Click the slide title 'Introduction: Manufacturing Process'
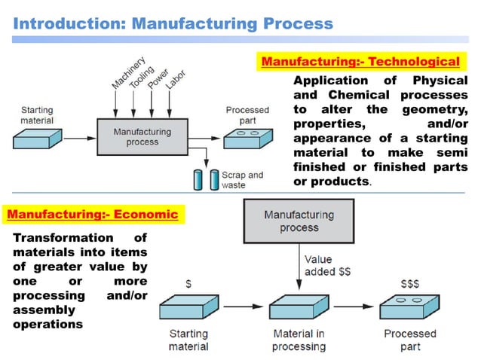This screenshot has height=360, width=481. [173, 23]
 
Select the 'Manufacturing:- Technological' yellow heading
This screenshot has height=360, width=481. [360, 61]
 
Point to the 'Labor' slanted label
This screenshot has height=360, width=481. [175, 81]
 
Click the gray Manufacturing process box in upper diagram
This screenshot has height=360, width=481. [142, 136]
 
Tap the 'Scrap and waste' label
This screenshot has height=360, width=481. [242, 180]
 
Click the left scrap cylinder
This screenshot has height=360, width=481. [198, 180]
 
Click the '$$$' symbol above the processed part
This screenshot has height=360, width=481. [411, 284]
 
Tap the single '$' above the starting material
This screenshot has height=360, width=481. [188, 284]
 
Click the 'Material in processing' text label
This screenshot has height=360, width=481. [299, 340]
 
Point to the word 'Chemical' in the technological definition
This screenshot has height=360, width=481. [358, 95]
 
